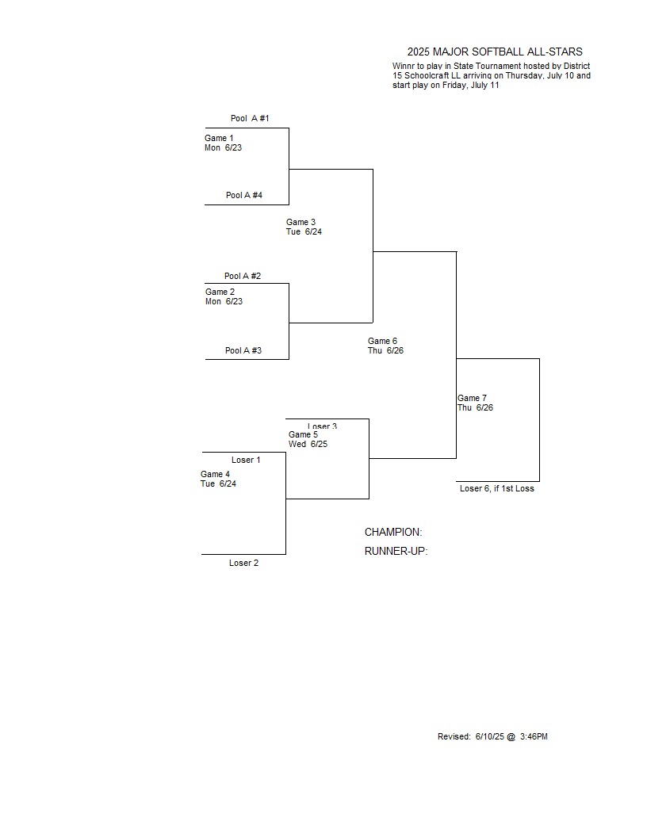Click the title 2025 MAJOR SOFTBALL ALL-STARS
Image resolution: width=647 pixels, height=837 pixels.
click(495, 52)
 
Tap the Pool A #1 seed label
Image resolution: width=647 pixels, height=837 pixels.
click(250, 119)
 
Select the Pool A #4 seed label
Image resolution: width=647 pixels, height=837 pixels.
click(244, 195)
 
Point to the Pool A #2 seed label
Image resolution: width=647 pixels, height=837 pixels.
click(243, 276)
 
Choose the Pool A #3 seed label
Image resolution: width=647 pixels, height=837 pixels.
click(243, 350)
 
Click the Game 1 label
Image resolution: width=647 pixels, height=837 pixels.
click(219, 138)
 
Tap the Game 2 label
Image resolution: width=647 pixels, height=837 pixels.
click(220, 292)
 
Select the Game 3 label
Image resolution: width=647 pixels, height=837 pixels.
click(301, 222)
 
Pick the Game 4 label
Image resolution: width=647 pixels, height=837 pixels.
click(215, 474)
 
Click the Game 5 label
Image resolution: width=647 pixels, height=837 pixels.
click(303, 434)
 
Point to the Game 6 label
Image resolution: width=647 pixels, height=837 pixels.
click(382, 341)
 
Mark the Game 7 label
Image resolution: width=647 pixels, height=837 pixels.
click(472, 398)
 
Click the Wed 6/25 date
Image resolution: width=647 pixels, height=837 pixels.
click(308, 444)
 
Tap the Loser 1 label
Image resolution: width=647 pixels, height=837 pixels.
click(246, 461)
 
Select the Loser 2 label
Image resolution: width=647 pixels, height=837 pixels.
click(244, 564)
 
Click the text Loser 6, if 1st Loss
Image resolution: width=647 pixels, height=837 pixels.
click(497, 488)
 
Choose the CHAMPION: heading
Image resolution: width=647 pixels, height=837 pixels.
click(393, 532)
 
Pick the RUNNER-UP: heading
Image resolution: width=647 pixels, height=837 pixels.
click(396, 552)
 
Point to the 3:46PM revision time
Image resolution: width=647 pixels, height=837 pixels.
click(534, 736)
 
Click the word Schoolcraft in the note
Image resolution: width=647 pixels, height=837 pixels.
click(427, 76)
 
